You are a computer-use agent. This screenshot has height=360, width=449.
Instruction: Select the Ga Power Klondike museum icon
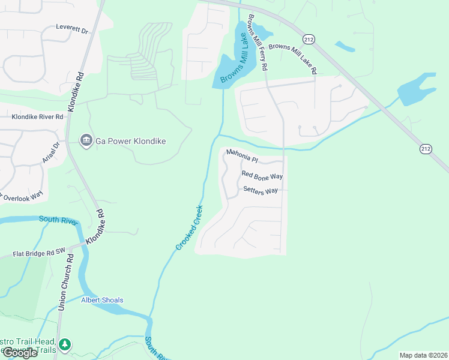click(85, 140)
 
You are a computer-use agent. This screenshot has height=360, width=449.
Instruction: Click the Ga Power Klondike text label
click(129, 141)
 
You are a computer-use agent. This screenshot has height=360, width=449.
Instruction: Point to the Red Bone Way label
click(262, 176)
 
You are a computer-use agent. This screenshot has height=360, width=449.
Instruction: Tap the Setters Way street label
click(261, 190)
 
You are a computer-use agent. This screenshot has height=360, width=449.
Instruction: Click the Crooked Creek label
click(189, 228)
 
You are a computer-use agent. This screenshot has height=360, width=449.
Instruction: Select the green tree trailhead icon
click(65, 344)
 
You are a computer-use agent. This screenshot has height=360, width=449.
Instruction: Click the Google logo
click(20, 353)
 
